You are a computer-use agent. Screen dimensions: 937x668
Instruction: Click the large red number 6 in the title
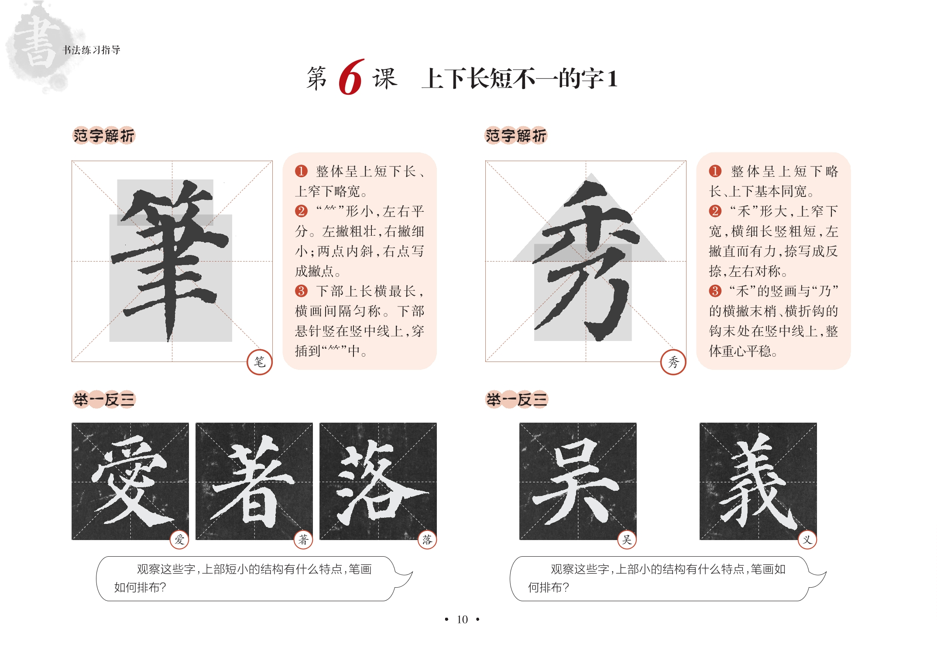350,77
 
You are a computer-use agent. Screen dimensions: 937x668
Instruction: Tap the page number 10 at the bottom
462,620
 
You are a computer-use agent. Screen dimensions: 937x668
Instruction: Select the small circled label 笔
260,362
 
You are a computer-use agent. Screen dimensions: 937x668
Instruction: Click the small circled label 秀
673,362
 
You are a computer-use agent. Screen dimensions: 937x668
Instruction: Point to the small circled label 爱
179,540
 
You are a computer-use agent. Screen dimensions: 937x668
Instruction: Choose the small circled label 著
303,540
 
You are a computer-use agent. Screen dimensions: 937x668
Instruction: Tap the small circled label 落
427,540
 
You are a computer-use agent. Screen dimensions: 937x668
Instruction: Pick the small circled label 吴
627,540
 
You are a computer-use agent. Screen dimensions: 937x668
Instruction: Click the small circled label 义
807,540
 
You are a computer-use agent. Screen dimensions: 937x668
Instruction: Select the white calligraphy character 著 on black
253,482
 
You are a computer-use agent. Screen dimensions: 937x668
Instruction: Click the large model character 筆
171,260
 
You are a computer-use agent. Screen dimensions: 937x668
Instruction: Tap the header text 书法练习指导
91,50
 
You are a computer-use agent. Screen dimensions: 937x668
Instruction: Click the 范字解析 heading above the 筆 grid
104,136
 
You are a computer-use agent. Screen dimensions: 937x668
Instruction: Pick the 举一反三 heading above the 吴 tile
517,399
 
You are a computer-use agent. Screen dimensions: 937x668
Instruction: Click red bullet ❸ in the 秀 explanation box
715,291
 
